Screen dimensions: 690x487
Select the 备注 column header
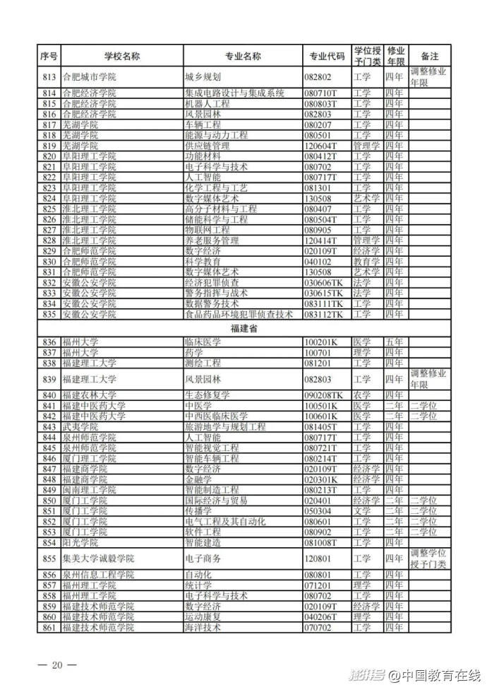429,56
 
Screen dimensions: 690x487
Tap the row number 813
49,77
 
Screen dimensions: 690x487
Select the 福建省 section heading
243,329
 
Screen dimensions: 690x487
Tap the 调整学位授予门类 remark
429,558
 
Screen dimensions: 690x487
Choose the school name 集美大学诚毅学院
97,558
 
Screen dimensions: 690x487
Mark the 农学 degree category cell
361,394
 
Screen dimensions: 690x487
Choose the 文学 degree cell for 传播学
361,510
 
